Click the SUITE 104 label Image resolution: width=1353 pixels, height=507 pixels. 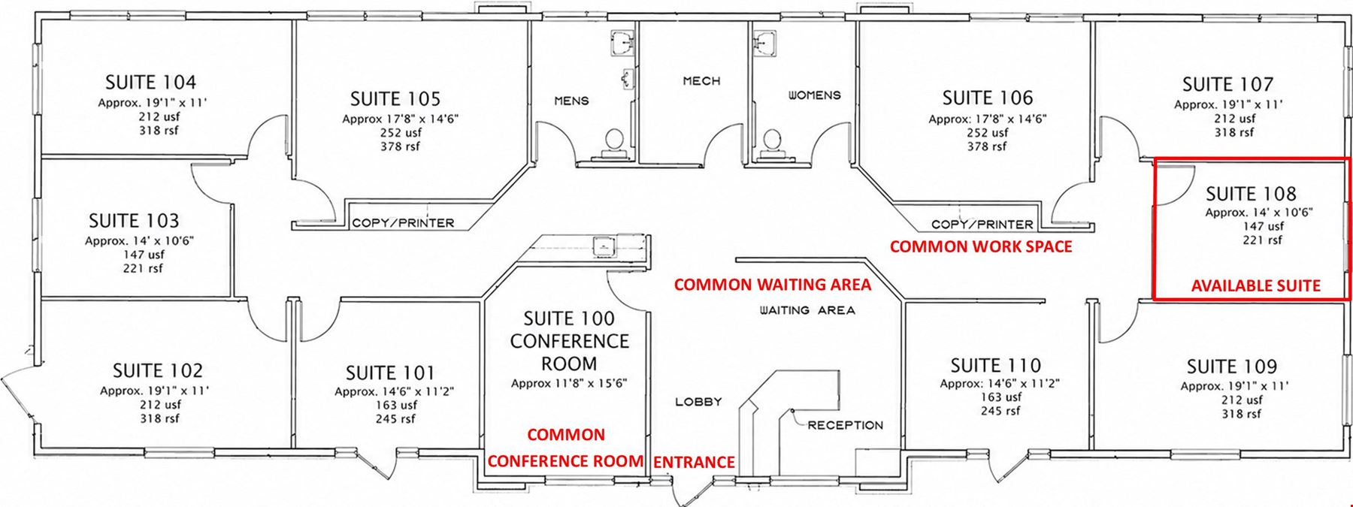tap(151, 82)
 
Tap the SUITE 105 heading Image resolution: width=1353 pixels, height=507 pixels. tap(395, 98)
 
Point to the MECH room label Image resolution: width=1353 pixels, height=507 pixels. tap(701, 80)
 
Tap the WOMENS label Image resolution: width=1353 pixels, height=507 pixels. tap(814, 95)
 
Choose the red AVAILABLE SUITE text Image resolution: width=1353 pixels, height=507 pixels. tap(1256, 285)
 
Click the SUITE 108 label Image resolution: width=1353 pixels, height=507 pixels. tap(1252, 194)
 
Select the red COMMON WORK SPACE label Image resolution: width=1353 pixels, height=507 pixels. tap(981, 246)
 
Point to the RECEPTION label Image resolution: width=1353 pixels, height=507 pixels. tap(846, 425)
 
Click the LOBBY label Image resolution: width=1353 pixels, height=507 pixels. tap(698, 402)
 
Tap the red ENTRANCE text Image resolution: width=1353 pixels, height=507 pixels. tap(694, 462)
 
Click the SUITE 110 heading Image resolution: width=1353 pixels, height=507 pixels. tap(996, 366)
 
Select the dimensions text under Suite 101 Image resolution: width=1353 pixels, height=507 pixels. tap(394, 391)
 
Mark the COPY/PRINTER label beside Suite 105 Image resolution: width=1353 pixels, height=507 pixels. tap(404, 222)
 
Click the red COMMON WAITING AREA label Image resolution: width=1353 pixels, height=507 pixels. tap(773, 284)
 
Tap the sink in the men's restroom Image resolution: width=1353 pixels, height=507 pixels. tap(622, 43)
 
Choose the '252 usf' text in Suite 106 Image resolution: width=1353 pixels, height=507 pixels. tap(987, 132)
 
